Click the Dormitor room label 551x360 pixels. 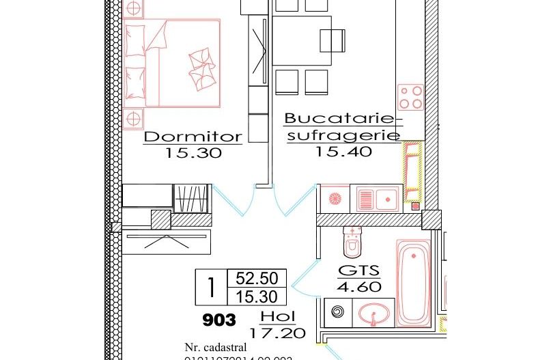(x=193, y=137)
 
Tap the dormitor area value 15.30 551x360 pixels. (x=193, y=154)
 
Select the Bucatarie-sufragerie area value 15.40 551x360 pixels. (x=343, y=152)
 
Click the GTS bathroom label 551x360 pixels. (x=358, y=270)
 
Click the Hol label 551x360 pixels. (x=278, y=318)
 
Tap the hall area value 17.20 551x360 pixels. (x=278, y=335)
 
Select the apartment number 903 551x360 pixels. (x=219, y=320)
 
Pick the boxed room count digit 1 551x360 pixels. (x=212, y=288)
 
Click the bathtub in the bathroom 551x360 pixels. (x=414, y=281)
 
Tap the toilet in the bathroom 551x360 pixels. (x=352, y=240)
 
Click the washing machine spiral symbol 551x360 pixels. (x=338, y=312)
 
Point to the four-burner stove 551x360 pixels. (x=411, y=97)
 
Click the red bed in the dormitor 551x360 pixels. (x=173, y=63)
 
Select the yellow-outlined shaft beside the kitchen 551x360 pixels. (x=412, y=171)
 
